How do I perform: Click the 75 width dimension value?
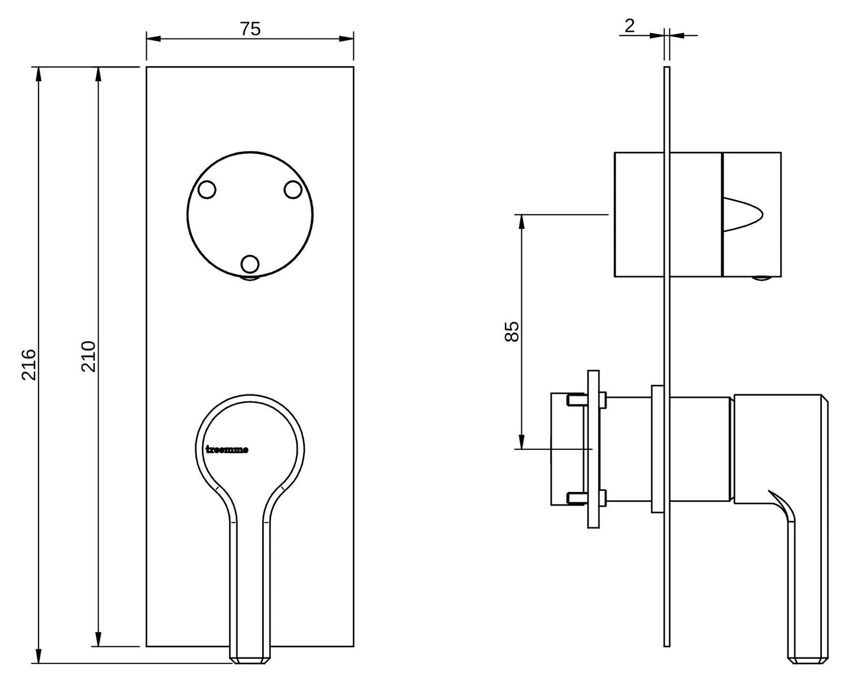point(250,29)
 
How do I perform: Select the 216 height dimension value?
point(28,365)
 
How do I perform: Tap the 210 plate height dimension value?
point(89,357)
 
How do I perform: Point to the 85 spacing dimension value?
point(512,332)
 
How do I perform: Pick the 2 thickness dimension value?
point(630,26)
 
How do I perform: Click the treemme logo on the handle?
point(227,449)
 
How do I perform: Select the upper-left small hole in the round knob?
point(207,190)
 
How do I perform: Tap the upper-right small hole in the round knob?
point(293,190)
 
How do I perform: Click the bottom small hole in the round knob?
point(250,264)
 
